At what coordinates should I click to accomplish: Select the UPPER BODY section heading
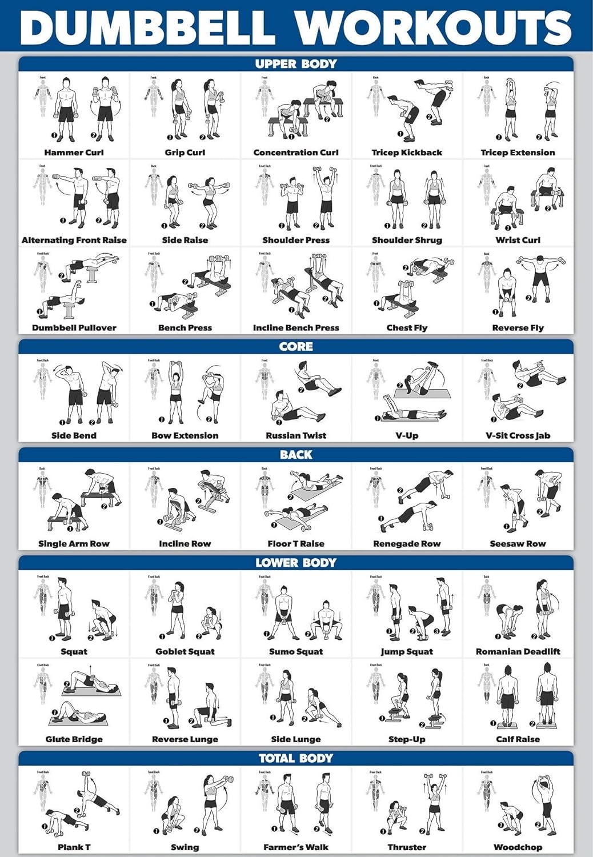coord(296,64)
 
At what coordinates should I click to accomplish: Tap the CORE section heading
coord(296,347)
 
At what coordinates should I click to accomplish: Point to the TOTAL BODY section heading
coord(296,758)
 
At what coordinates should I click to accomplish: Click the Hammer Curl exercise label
coord(74,153)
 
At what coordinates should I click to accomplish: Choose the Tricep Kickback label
coord(407,153)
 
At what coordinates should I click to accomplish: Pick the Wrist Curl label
coord(518,240)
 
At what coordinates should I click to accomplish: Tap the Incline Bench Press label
coord(296,328)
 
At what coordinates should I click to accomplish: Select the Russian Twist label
coord(296,435)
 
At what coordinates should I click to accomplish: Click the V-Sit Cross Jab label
coord(518,435)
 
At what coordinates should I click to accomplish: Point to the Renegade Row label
coord(407,544)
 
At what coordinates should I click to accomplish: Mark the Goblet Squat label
coord(185,651)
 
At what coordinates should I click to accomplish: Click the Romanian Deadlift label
coord(518,651)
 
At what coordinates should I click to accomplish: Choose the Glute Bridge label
coord(74,739)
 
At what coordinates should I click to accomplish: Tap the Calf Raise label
coord(518,739)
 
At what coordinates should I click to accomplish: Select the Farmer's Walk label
coord(296,847)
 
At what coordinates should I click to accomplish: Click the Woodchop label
coord(518,847)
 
